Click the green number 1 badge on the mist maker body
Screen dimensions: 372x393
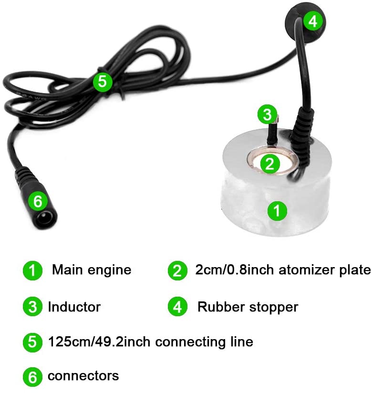pyautogui.click(x=277, y=210)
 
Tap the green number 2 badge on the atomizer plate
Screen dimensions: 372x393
pyautogui.click(x=269, y=164)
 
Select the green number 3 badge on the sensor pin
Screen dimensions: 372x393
pyautogui.click(x=267, y=114)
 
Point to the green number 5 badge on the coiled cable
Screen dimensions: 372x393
pyautogui.click(x=102, y=82)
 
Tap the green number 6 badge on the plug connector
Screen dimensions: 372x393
pyautogui.click(x=38, y=201)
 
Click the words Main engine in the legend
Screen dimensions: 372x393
pyautogui.click(x=92, y=270)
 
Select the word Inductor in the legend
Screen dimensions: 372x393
pyautogui.click(x=74, y=307)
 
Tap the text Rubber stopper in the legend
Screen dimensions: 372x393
pyautogui.click(x=248, y=307)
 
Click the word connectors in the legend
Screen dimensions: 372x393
pyautogui.click(x=83, y=376)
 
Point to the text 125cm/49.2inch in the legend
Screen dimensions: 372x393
pyautogui.click(x=99, y=342)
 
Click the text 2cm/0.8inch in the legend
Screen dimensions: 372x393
pyautogui.click(x=235, y=270)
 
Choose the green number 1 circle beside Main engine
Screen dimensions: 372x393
pyautogui.click(x=32, y=270)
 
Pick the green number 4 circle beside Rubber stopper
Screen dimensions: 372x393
pyautogui.click(x=177, y=307)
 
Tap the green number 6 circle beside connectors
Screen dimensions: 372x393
pyautogui.click(x=32, y=377)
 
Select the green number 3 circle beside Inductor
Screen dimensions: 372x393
pyautogui.click(x=32, y=307)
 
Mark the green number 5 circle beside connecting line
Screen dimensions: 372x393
pyautogui.click(x=32, y=342)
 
